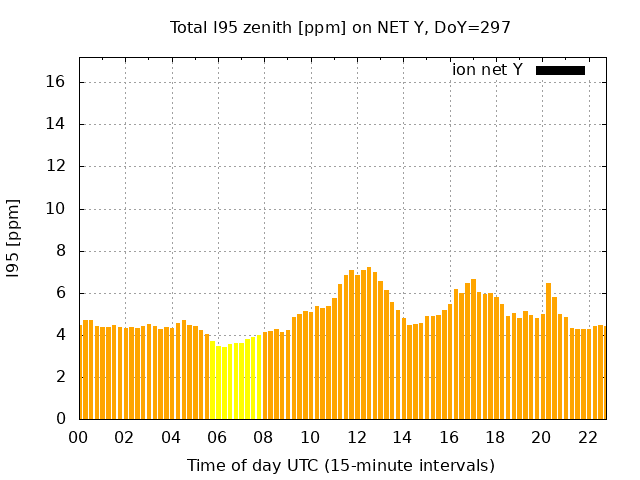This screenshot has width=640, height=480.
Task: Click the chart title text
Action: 340,27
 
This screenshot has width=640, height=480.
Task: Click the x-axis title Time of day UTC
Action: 340,465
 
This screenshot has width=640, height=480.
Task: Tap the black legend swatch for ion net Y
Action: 560,70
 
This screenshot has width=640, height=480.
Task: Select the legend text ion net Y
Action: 487,70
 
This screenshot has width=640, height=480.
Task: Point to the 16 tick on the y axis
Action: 59,83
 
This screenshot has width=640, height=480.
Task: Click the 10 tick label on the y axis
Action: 59,209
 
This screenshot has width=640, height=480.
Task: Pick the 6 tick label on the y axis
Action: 63,293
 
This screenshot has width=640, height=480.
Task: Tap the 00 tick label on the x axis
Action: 79,437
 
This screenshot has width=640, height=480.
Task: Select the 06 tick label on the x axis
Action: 218,437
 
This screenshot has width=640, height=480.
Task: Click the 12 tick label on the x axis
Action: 357,437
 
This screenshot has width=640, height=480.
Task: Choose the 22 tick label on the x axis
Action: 588,437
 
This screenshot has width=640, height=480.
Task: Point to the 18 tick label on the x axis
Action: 495,437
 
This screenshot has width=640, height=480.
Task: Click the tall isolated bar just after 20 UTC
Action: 548,350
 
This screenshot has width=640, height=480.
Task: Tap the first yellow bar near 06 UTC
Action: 212,380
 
